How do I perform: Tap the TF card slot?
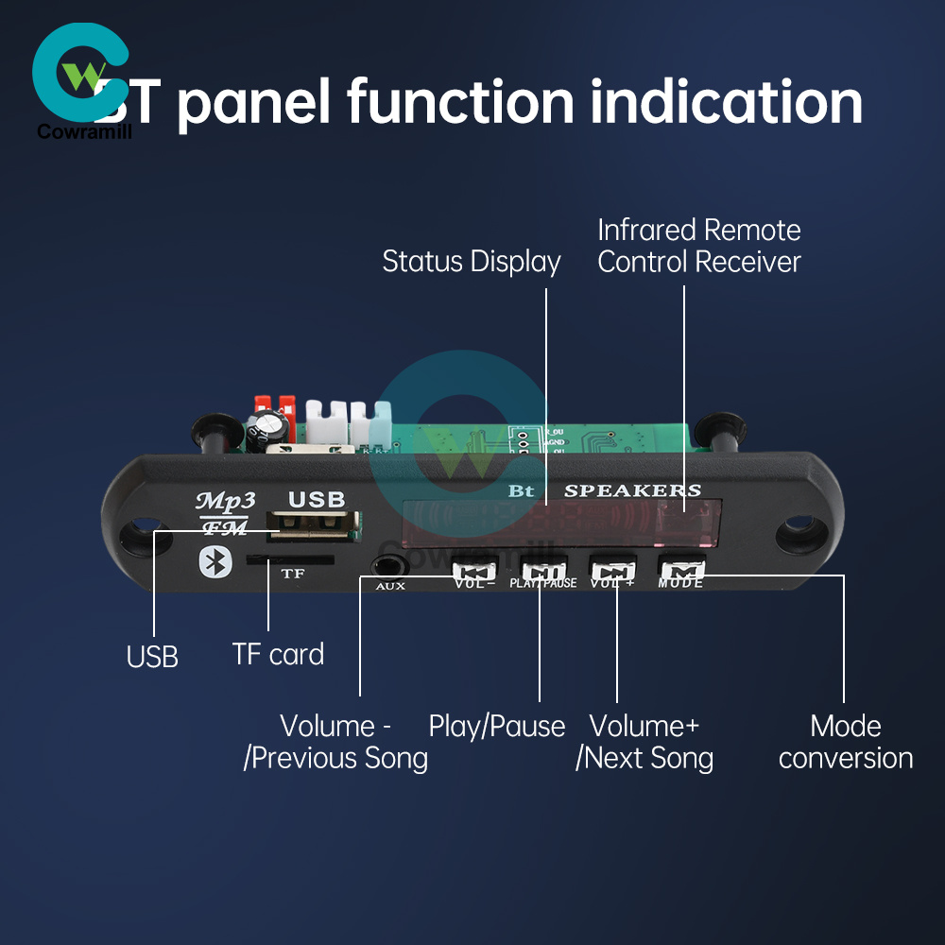pos(289,560)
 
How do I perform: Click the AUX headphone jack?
pos(387,566)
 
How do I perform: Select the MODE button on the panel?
pos(682,570)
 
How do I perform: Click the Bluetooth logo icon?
pos(214,562)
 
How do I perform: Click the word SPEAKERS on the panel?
pos(632,490)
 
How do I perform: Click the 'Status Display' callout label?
pos(471,262)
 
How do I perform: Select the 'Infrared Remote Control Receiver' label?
pos(699,246)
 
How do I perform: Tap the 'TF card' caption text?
pos(278,654)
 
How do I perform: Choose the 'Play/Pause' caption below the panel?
pos(497,727)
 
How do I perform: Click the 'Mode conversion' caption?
pos(846,742)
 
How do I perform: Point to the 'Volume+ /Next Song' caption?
pos(644,742)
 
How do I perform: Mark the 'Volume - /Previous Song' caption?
pos(335,742)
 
